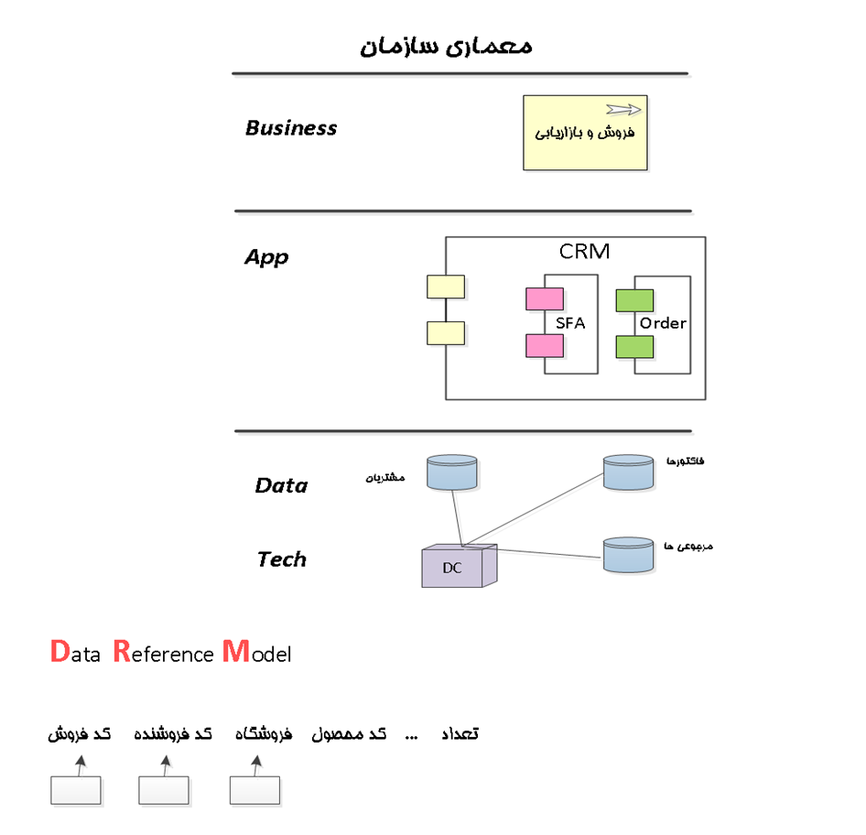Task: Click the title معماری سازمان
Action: tap(446, 46)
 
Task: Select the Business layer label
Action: tap(291, 128)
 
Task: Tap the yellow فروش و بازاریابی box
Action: tap(585, 133)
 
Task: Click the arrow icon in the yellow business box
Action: tap(623, 110)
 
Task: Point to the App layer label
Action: tap(266, 257)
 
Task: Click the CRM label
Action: tap(584, 252)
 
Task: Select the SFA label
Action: tap(570, 323)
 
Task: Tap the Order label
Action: tap(663, 323)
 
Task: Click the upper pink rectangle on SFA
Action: tap(544, 299)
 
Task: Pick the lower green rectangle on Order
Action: tap(633, 347)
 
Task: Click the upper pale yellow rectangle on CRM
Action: tap(446, 287)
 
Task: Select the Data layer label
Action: tap(281, 485)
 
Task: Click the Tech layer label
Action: tap(281, 559)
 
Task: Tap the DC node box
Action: tap(457, 567)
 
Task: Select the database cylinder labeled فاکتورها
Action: tap(629, 472)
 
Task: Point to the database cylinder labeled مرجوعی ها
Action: tap(629, 554)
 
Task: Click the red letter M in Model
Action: tap(235, 652)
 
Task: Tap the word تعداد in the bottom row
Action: tap(460, 734)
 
